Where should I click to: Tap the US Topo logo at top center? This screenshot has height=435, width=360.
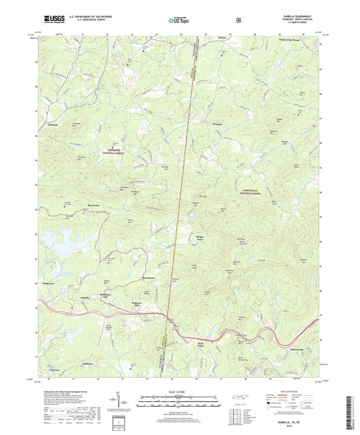point(180,20)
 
